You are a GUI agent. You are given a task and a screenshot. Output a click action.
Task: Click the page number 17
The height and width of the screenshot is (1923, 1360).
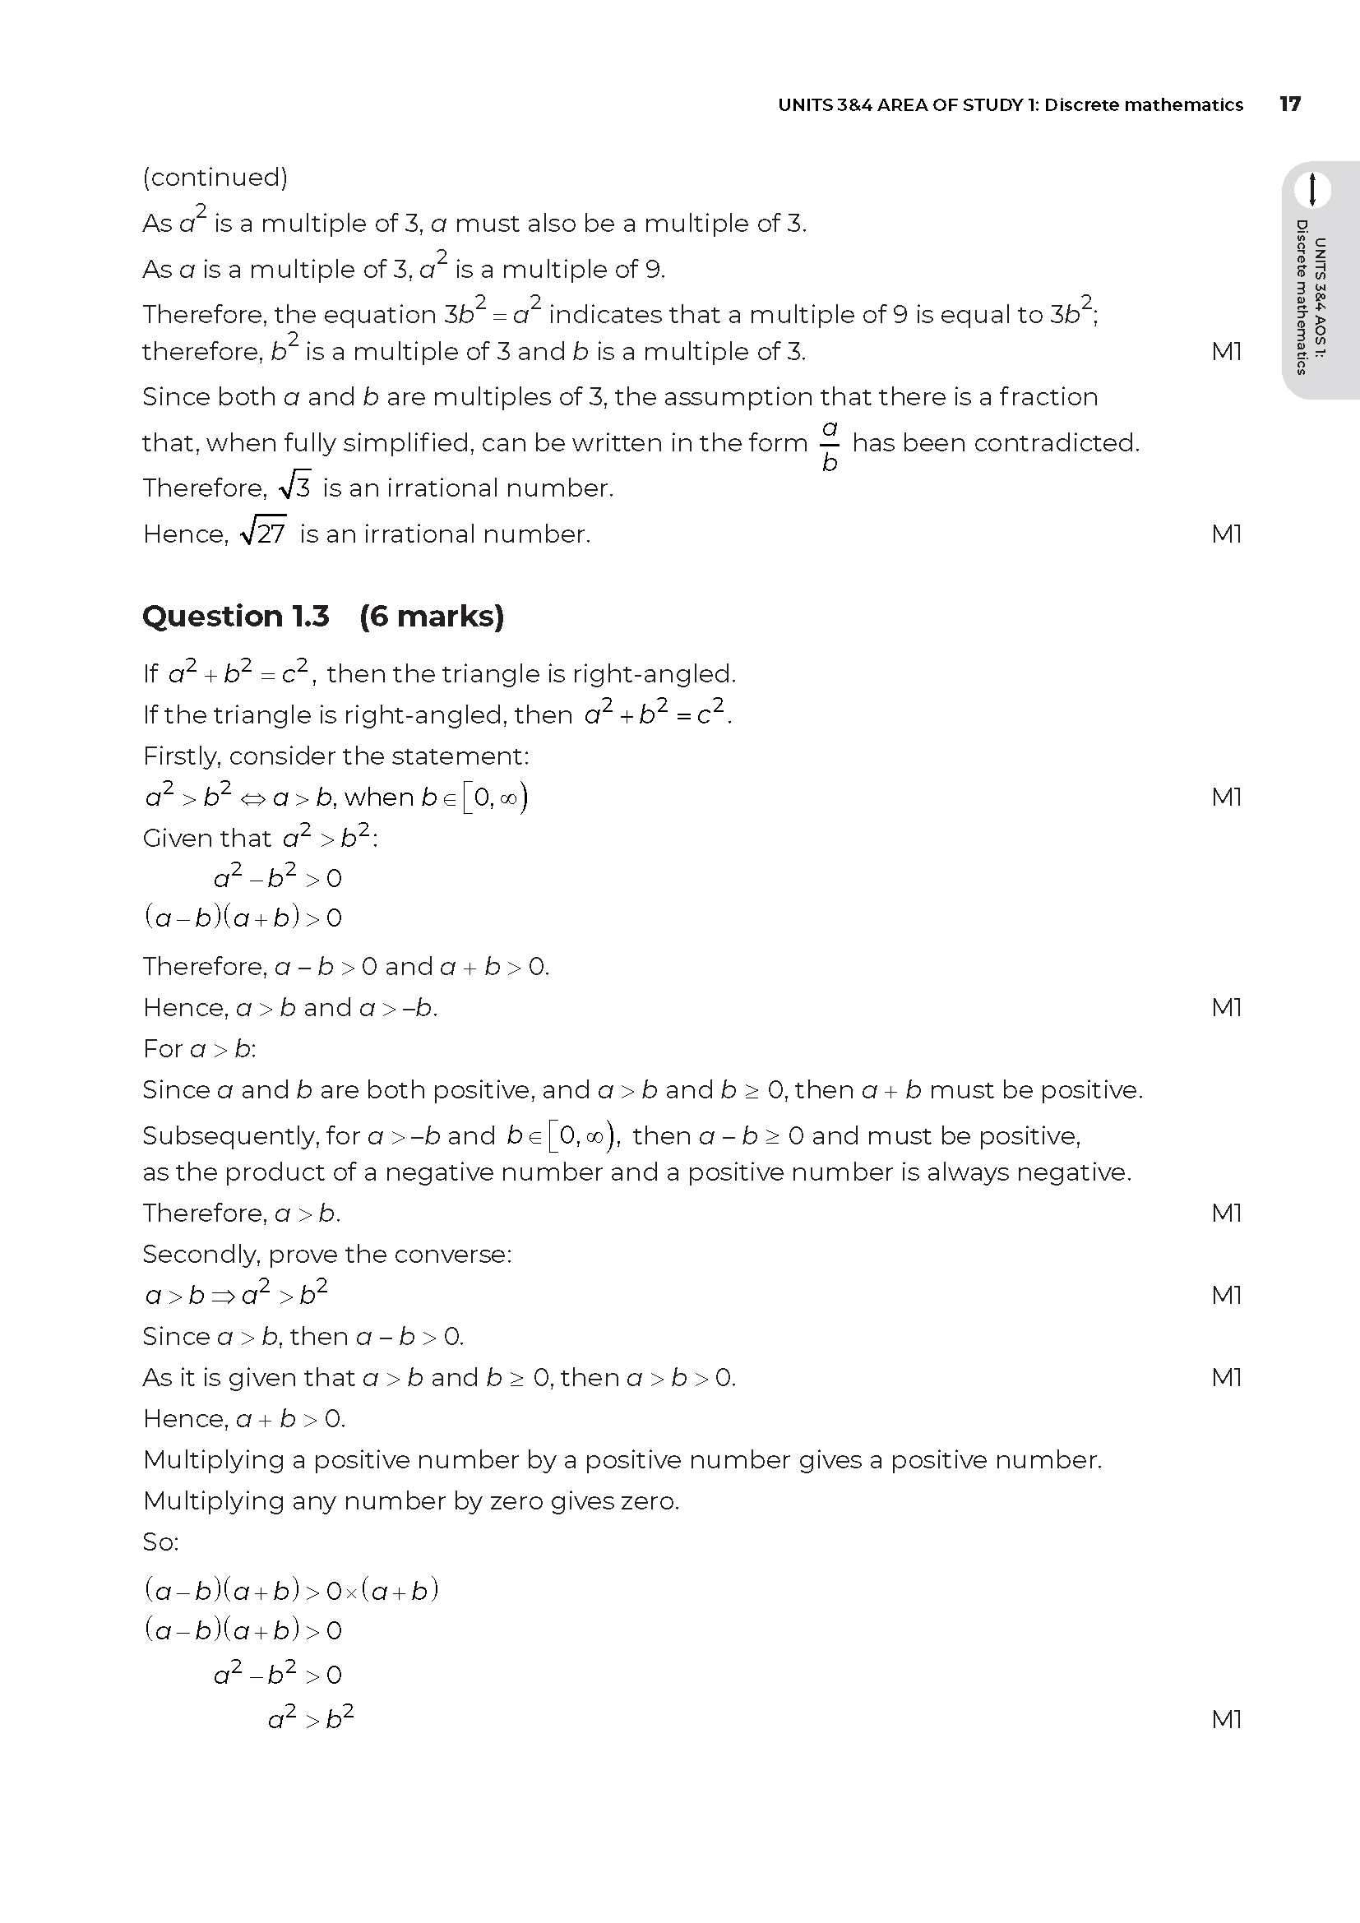1289,104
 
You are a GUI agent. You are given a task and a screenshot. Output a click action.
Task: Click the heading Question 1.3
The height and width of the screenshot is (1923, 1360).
236,617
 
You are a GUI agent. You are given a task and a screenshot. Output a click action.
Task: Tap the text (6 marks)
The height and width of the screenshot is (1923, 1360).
432,617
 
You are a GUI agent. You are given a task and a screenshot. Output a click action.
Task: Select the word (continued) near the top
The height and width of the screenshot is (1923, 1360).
215,177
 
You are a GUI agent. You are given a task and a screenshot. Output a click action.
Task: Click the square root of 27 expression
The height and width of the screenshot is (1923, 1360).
263,532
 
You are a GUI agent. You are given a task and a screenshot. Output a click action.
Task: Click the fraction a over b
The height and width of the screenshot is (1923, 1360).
829,445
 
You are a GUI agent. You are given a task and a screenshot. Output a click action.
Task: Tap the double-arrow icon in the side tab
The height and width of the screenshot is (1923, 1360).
1312,189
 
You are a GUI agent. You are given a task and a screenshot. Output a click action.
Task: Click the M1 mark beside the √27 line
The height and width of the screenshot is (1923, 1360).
1226,534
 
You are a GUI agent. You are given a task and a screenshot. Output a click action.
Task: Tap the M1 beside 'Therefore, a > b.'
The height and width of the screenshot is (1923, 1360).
1226,1213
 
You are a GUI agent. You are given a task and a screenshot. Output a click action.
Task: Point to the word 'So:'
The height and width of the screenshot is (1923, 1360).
161,1542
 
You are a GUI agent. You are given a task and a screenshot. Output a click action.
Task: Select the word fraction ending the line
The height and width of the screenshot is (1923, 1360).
1048,396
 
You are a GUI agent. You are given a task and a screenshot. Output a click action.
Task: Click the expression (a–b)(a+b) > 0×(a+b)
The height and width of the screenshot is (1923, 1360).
291,1590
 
